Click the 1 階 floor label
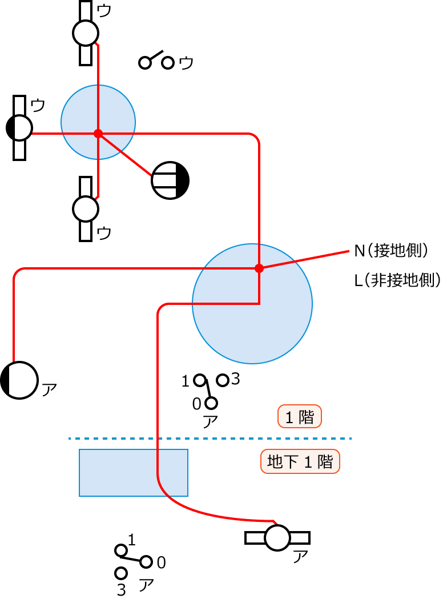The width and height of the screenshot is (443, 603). click(x=300, y=417)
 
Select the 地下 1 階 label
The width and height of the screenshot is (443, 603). click(x=300, y=461)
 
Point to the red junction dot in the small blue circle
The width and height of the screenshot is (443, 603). click(x=98, y=134)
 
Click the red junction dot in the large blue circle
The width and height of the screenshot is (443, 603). click(x=259, y=268)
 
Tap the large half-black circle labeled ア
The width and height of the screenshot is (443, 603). click(x=19, y=380)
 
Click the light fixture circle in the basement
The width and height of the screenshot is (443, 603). click(x=277, y=538)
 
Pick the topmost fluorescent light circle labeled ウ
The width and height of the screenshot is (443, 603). click(x=86, y=33)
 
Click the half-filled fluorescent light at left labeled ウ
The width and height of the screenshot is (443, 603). click(x=19, y=128)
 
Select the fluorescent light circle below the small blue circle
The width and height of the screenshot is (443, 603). click(x=86, y=209)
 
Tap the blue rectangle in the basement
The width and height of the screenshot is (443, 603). click(x=134, y=473)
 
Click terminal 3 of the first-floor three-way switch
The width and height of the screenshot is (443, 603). click(x=223, y=380)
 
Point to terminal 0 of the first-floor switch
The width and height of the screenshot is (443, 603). click(x=211, y=403)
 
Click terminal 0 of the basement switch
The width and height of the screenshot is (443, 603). click(x=146, y=562)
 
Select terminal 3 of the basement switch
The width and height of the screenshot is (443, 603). click(x=120, y=573)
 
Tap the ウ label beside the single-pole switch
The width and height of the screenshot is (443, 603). click(x=186, y=63)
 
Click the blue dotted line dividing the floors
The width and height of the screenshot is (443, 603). click(x=210, y=439)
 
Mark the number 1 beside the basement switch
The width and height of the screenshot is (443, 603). click(x=132, y=540)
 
